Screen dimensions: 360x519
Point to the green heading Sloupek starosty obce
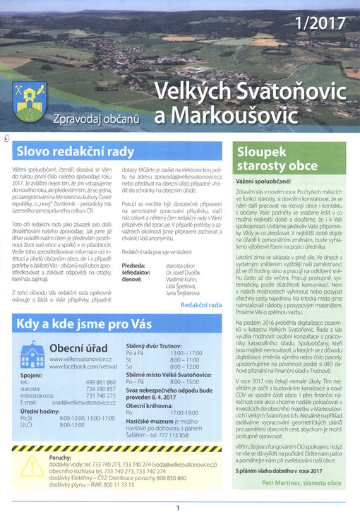pyautogui.click(x=277, y=159)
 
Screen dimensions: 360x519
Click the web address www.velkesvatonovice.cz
pyautogui.click(x=83, y=359)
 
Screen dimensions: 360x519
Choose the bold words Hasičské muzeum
pyautogui.click(x=154, y=421)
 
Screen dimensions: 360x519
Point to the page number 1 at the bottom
pyautogui.click(x=178, y=507)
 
